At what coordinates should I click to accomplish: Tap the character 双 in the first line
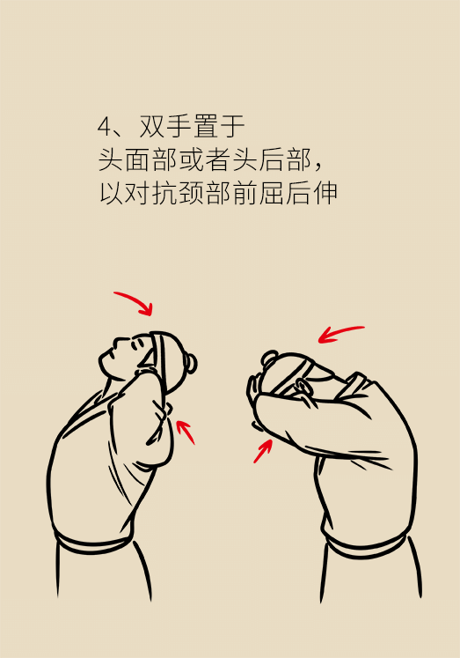pyautogui.click(x=152, y=126)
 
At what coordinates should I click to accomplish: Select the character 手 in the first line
pyautogui.click(x=179, y=126)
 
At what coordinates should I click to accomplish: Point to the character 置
pyautogui.click(x=206, y=126)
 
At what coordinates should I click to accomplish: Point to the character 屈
pyautogui.click(x=273, y=193)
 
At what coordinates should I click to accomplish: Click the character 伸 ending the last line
pyautogui.click(x=326, y=193)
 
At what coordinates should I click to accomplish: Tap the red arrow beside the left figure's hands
pyautogui.click(x=186, y=433)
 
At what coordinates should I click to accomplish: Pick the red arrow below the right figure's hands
pyautogui.click(x=263, y=450)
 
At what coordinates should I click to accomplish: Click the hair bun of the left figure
pyautogui.click(x=190, y=364)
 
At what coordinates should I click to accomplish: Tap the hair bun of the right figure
pyautogui.click(x=269, y=358)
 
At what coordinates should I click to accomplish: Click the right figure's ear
pyautogui.click(x=304, y=385)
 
